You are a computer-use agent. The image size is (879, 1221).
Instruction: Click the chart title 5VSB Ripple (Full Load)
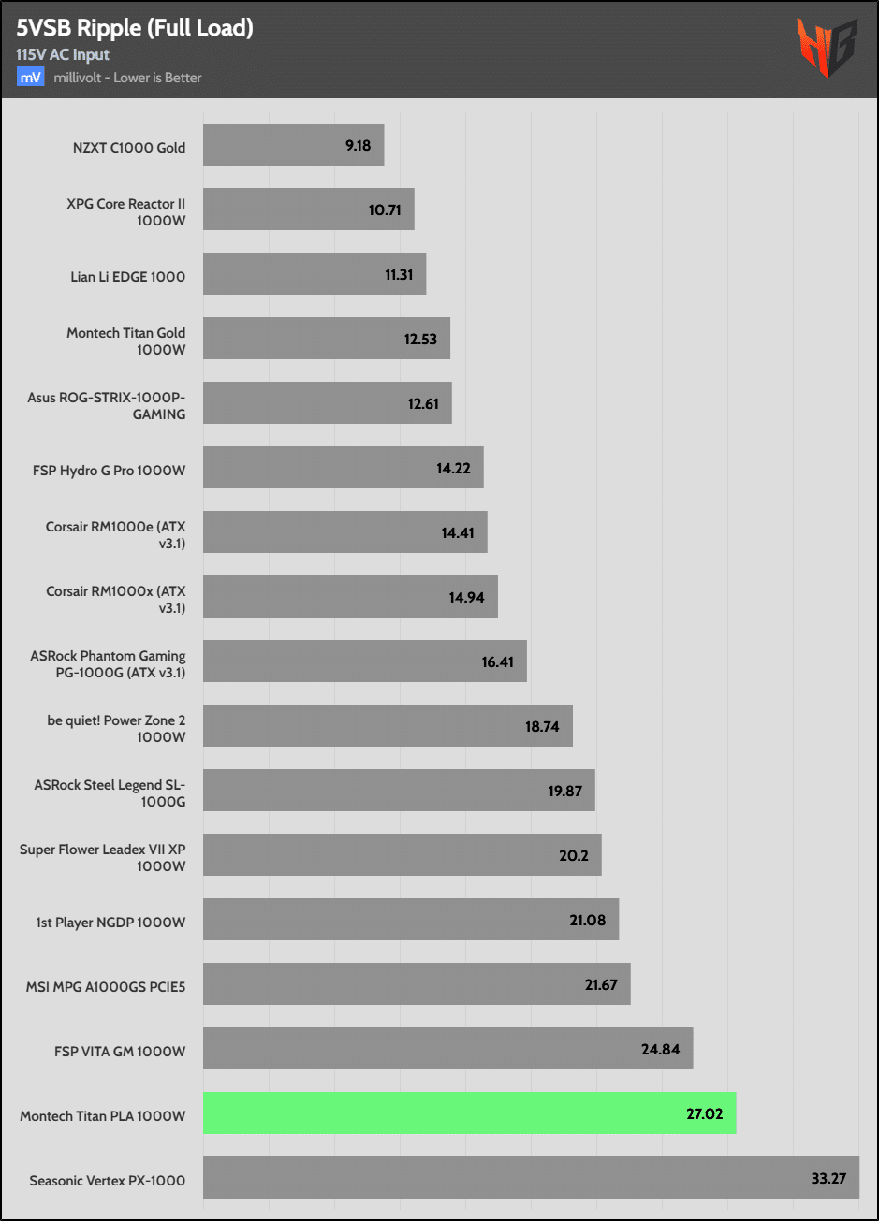[135, 28]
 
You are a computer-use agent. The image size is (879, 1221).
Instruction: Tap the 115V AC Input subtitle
[63, 55]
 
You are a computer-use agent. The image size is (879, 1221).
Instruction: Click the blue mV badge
[31, 77]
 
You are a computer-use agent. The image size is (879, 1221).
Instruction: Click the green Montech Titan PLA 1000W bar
[469, 1113]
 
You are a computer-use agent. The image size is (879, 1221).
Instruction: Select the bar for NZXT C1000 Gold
[293, 145]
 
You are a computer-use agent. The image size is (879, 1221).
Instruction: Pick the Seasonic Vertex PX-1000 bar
[531, 1177]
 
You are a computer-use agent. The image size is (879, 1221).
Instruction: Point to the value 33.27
[828, 1178]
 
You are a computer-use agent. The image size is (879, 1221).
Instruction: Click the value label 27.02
[705, 1113]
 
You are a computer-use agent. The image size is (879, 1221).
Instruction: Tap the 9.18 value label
[358, 146]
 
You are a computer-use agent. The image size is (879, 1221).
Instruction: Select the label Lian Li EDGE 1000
[126, 276]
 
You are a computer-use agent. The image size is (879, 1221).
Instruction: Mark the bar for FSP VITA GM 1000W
[447, 1049]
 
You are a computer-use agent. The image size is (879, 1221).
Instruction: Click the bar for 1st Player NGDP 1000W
[411, 920]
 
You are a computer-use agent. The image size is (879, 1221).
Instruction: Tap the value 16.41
[498, 661]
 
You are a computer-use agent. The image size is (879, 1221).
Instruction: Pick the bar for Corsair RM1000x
[350, 597]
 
